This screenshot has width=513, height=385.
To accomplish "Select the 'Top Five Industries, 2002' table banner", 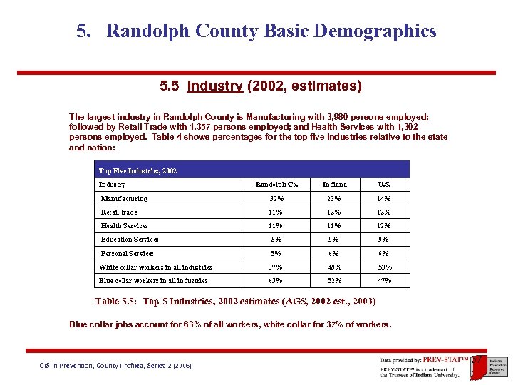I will [x=138, y=171].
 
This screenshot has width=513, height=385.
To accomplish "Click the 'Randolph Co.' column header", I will [x=276, y=185].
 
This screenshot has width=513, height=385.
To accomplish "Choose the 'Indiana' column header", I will [x=334, y=185].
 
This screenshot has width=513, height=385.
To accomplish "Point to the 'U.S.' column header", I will [x=384, y=185].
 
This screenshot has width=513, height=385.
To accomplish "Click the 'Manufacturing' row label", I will [x=124, y=199].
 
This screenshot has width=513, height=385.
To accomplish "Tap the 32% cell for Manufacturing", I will [x=276, y=199].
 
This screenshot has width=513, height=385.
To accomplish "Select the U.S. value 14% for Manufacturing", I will [x=384, y=199].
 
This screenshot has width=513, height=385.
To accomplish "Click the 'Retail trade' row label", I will [x=119, y=212].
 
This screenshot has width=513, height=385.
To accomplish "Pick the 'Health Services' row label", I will [x=125, y=226].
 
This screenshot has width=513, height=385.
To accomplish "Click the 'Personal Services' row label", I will [x=127, y=254].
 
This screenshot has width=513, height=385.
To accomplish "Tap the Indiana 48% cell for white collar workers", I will [x=334, y=267].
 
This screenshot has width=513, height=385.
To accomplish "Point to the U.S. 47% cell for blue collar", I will [x=384, y=281].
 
